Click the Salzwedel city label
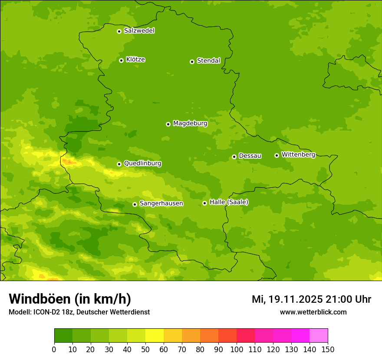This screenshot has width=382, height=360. click(x=139, y=31)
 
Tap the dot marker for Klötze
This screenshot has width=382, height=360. click(x=121, y=60)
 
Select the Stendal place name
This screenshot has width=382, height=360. click(x=208, y=61)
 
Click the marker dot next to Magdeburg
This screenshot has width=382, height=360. click(x=168, y=124)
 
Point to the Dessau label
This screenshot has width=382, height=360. click(x=250, y=156)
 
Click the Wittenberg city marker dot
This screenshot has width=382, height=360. click(x=277, y=155)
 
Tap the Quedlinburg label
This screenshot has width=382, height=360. click(x=142, y=164)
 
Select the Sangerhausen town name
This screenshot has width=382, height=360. click(x=161, y=203)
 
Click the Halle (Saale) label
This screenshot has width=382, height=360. click(x=229, y=202)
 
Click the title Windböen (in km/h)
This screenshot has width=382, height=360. click(x=70, y=299)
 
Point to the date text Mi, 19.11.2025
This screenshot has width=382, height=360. click(x=286, y=299)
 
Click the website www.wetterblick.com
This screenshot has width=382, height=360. click(x=313, y=312)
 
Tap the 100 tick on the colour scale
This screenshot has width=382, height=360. click(x=237, y=349)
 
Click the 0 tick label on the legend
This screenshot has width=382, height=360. click(x=54, y=349)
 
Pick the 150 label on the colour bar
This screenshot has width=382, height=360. click(x=328, y=349)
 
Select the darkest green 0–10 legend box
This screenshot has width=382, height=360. click(x=63, y=336)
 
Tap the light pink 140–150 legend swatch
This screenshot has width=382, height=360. click(x=319, y=336)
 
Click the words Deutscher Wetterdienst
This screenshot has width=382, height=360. click(x=117, y=312)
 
